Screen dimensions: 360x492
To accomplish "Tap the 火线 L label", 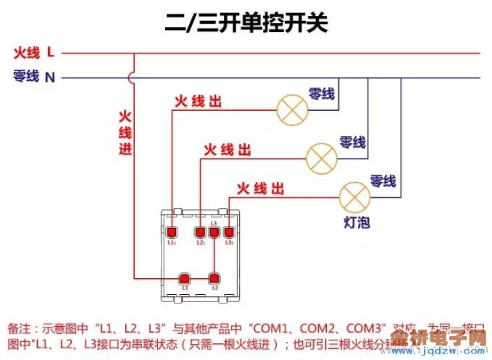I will [x=33, y=52].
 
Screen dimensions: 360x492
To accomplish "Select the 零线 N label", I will [x=33, y=76].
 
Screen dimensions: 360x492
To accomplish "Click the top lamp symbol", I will [x=292, y=109].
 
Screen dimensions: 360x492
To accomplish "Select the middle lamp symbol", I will [x=322, y=156].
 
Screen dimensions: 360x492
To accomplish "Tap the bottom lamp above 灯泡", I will [x=355, y=196].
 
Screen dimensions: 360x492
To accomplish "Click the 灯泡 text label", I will [x=357, y=222].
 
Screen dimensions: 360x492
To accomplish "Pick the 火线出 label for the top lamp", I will [x=197, y=102].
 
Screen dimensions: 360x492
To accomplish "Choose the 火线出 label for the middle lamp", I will [x=227, y=150].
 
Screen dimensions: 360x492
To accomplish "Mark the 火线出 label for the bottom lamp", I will [x=259, y=190].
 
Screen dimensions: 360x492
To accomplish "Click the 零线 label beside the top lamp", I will [x=322, y=93].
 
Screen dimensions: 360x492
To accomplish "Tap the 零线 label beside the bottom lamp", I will [x=383, y=180].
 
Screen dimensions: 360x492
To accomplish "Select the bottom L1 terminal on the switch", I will [x=184, y=278].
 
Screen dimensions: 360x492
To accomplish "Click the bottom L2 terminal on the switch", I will [x=214, y=278].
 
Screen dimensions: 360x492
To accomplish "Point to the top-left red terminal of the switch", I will [x=172, y=233].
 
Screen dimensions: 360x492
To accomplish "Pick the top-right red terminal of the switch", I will [x=228, y=233].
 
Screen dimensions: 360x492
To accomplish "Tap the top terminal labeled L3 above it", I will [x=214, y=233].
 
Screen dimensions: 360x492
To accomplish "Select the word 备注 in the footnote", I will [x=20, y=327].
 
